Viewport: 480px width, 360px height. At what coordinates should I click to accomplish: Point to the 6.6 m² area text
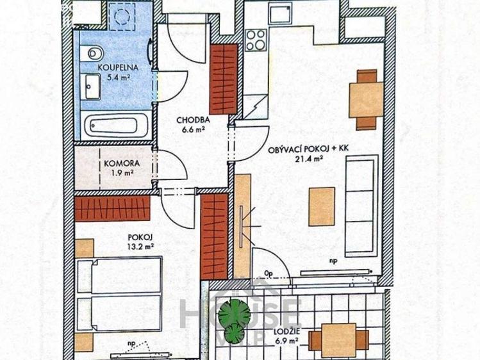point(192,129)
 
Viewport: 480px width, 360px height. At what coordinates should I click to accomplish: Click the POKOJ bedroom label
point(138,235)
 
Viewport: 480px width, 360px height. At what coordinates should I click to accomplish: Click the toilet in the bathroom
point(92,51)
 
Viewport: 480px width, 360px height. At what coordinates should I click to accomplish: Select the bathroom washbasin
point(92,83)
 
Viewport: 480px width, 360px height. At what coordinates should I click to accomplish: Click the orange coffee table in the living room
point(322,206)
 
